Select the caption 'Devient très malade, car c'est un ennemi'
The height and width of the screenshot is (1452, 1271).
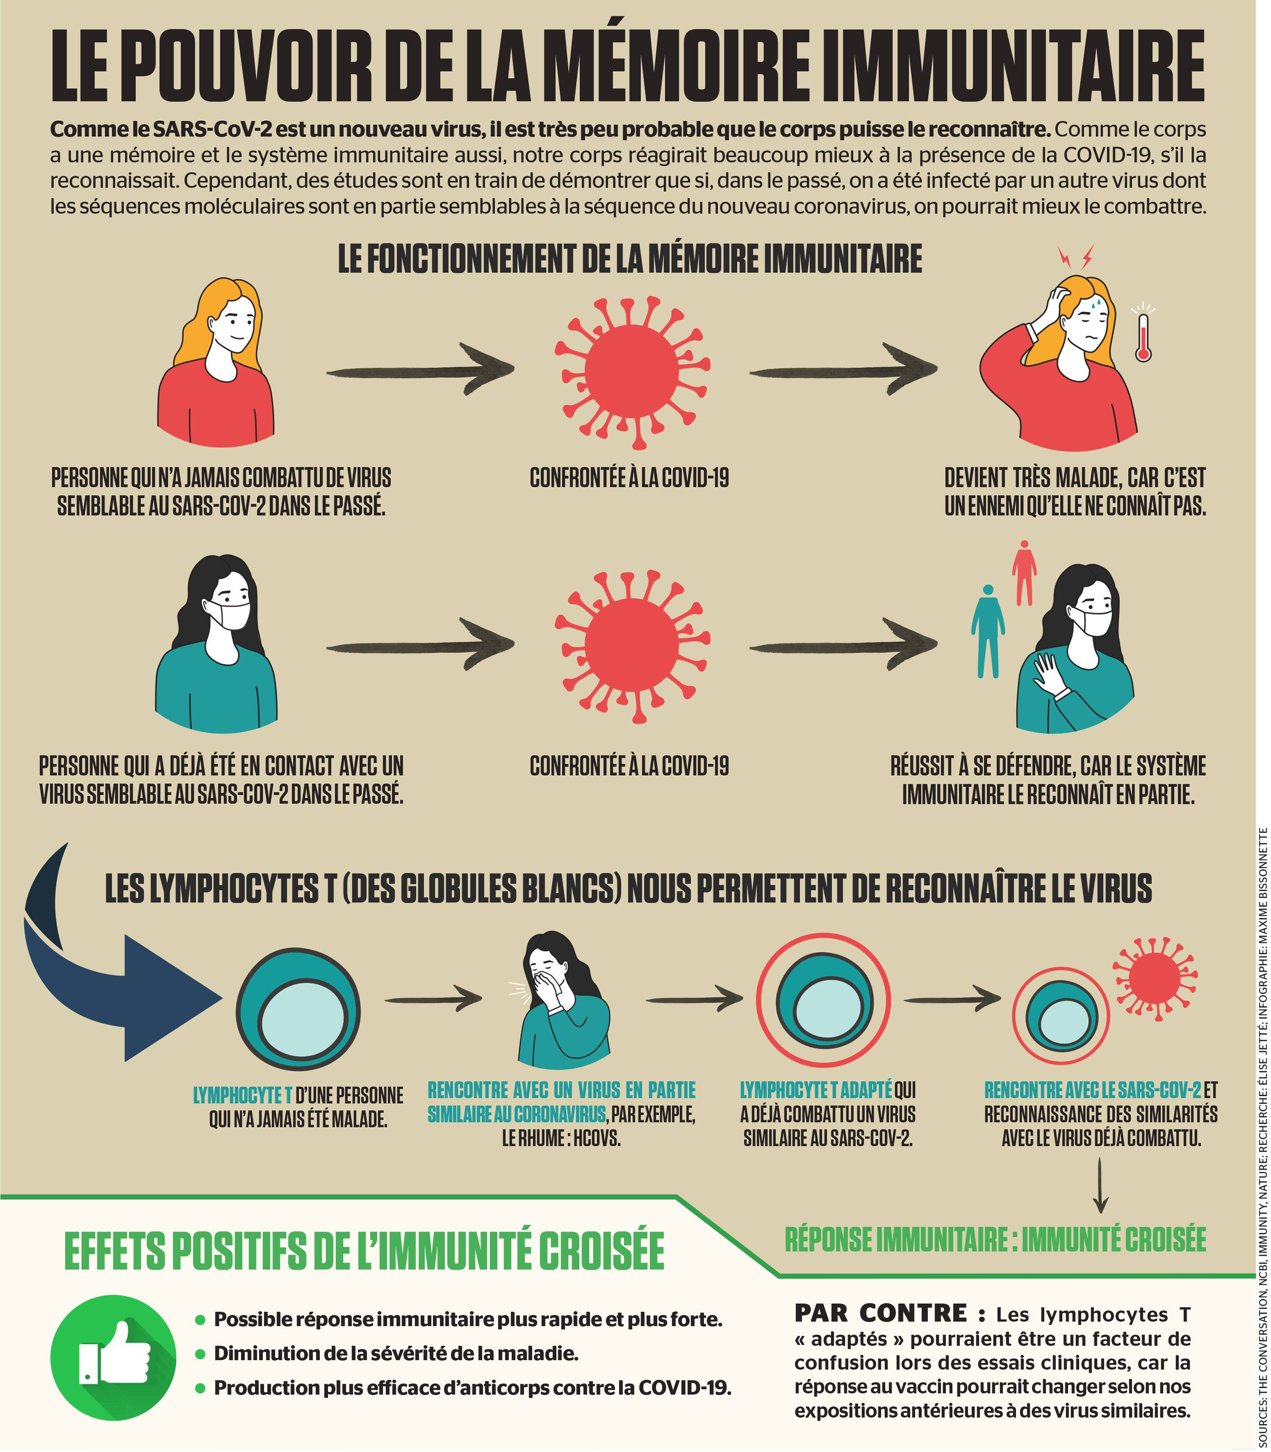(x=1074, y=491)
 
